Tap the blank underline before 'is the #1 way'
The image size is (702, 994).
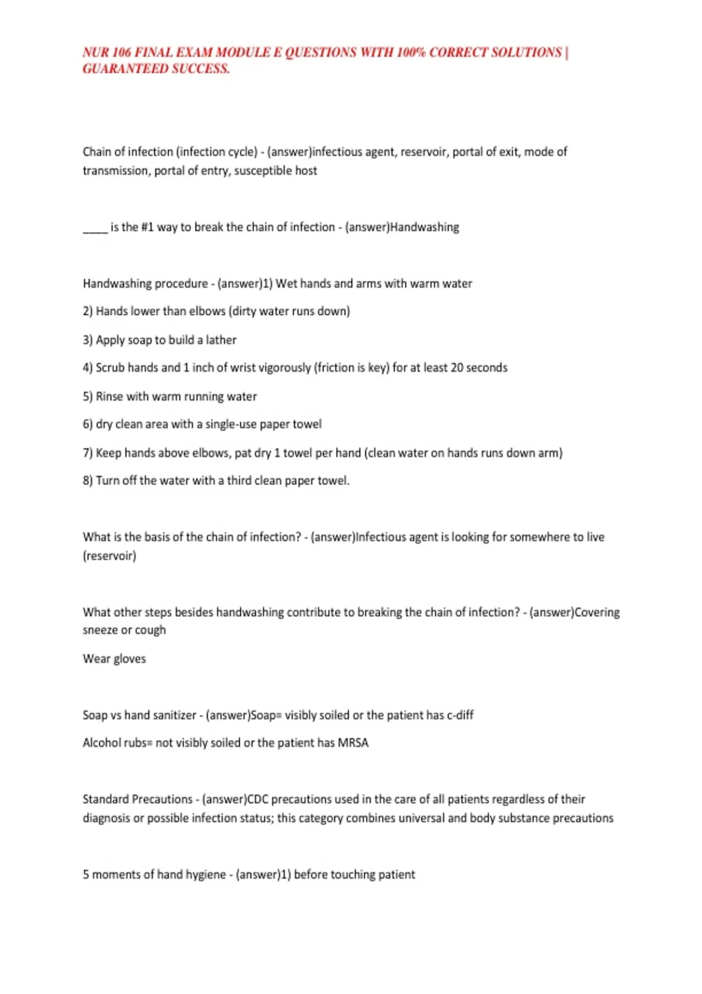(95, 228)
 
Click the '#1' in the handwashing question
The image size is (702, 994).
(147, 227)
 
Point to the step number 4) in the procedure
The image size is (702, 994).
(88, 368)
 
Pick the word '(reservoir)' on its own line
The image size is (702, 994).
(109, 556)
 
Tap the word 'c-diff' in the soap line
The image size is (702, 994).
(460, 715)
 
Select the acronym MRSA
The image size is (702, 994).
(353, 743)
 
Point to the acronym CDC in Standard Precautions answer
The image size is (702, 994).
(257, 799)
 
